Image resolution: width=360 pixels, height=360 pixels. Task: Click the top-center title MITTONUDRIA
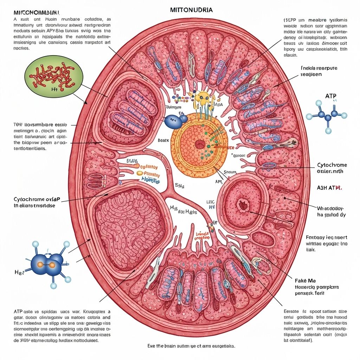[x=191, y=10]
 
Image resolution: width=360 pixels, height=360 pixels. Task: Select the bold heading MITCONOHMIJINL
[x=34, y=12]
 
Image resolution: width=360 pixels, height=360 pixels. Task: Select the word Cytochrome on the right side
[x=332, y=165]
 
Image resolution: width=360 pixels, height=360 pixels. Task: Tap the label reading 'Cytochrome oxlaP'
[x=37, y=199]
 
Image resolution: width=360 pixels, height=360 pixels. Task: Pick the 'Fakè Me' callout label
[x=305, y=281]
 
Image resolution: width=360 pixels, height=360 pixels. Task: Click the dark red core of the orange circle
[x=200, y=144]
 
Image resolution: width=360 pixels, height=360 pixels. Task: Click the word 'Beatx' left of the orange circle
[x=163, y=140]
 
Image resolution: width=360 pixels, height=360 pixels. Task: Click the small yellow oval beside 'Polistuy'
[x=139, y=173]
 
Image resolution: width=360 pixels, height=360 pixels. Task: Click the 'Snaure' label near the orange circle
[x=230, y=172]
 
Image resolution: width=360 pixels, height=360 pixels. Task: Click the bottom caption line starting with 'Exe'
[x=191, y=346]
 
